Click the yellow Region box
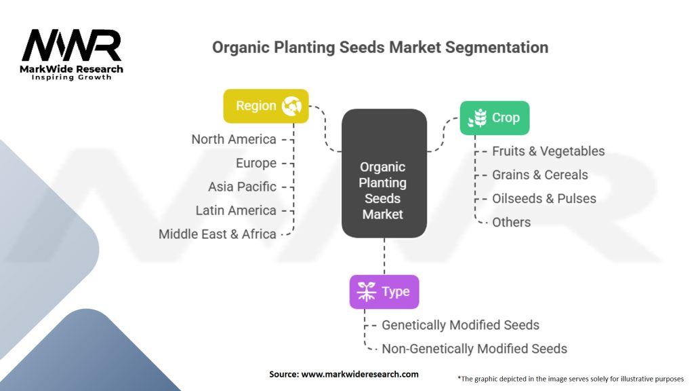pos(266,106)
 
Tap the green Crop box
pos(494,118)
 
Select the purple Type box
pos(384,292)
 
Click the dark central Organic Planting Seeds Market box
pos(384,173)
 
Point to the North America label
pos(234,139)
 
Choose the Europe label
pos(256,163)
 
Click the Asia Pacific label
pos(242,187)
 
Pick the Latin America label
pos(236,210)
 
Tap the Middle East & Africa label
pos(218,234)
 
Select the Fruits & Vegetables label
pos(548,151)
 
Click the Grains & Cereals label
pos(540,174)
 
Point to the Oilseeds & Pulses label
pos(544,199)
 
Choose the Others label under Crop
pos(511,222)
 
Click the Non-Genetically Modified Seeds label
pos(474,348)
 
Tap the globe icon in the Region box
pos(291,106)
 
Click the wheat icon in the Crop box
pos(478,118)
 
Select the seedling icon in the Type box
pos(367,292)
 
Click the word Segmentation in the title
pos(497,48)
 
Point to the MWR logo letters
pos(71,45)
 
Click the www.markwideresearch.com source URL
pos(360,374)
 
